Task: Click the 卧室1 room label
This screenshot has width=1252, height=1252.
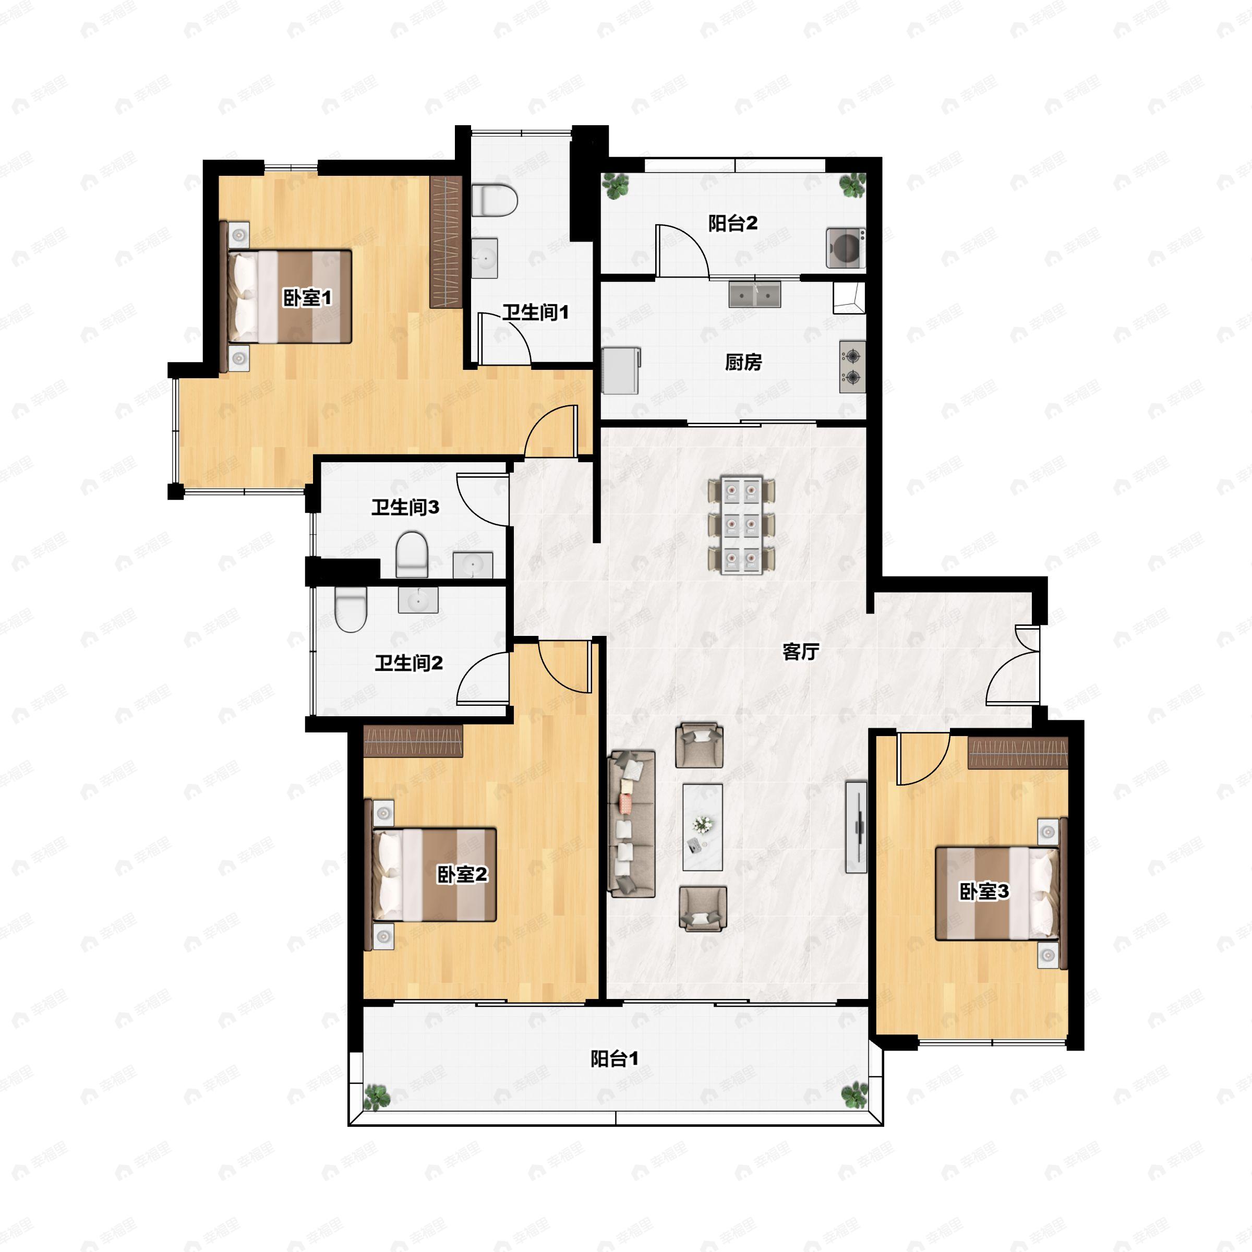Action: point(307,297)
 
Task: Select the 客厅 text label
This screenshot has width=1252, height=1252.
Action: point(800,651)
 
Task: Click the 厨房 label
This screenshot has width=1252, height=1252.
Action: point(743,362)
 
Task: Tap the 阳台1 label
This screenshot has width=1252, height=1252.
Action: point(615,1059)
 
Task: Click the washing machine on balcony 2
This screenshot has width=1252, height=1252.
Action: point(846,248)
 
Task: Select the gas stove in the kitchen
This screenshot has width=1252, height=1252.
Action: point(852,366)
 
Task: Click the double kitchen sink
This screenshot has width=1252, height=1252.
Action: point(754,294)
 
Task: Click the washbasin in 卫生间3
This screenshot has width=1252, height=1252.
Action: point(473,564)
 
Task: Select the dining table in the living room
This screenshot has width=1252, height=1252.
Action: point(742,525)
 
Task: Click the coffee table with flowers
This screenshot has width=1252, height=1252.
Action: point(703,827)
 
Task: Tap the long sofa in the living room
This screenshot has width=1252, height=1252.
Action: point(632,824)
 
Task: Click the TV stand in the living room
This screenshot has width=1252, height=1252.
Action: point(856,827)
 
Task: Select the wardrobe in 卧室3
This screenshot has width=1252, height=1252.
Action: point(1017,753)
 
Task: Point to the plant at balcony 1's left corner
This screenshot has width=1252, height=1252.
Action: point(377,1097)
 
